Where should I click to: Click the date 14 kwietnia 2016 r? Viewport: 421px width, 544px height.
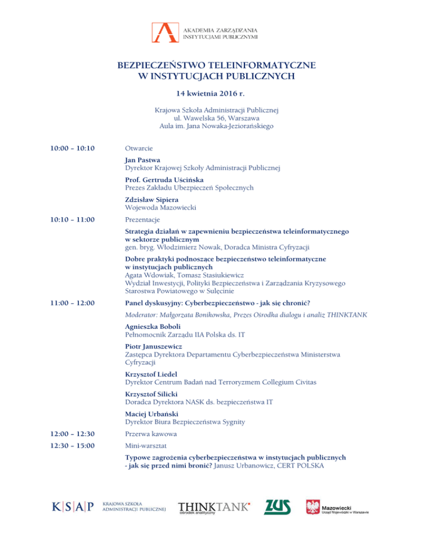point(210,94)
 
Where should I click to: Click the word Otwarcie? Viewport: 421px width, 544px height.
point(139,148)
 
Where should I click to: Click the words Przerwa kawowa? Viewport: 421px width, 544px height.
point(150,434)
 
